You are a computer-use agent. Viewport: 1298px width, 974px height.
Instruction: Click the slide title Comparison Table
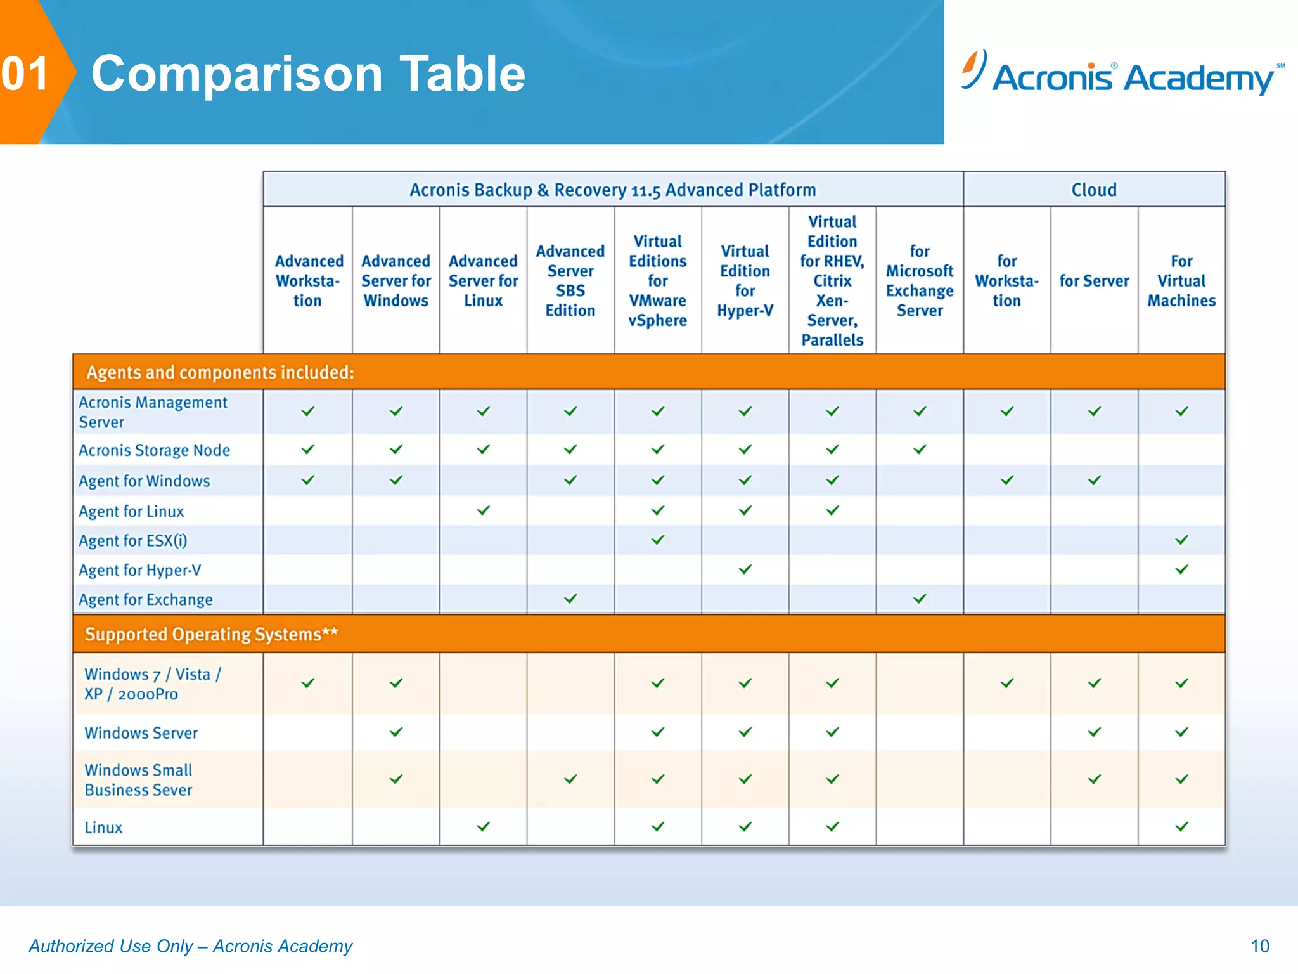coord(308,74)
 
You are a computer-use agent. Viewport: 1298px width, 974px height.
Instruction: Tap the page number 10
coord(1259,945)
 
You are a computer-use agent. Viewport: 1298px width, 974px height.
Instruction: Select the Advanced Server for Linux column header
coord(483,280)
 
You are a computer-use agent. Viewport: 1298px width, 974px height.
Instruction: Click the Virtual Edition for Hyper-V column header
coord(745,280)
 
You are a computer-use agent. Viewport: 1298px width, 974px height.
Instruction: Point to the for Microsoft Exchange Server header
coord(919,280)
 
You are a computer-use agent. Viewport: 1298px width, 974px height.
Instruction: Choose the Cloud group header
coord(1094,190)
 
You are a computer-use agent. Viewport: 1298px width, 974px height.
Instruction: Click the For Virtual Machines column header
coord(1181,280)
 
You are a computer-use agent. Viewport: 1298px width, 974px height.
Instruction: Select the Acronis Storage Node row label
coord(154,450)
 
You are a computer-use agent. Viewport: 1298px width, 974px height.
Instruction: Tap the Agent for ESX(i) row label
coord(132,541)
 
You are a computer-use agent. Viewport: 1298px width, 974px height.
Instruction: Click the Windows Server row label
coord(141,733)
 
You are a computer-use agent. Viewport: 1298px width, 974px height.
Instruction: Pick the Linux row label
coord(103,828)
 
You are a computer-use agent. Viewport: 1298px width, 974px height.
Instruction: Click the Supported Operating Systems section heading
coord(211,634)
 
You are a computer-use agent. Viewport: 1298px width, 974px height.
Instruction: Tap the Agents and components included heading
coord(220,372)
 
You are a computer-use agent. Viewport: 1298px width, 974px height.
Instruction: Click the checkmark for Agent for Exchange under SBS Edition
coord(570,599)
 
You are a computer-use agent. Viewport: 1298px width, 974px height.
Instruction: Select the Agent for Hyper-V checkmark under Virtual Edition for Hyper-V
coord(745,569)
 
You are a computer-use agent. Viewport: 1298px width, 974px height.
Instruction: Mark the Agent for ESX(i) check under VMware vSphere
coord(658,540)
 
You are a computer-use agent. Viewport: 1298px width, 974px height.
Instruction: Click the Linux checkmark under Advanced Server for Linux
coord(483,826)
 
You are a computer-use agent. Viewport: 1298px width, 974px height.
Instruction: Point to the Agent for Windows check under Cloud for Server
coord(1094,481)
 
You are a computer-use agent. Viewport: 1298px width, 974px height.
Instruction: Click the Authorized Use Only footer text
coord(190,946)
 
